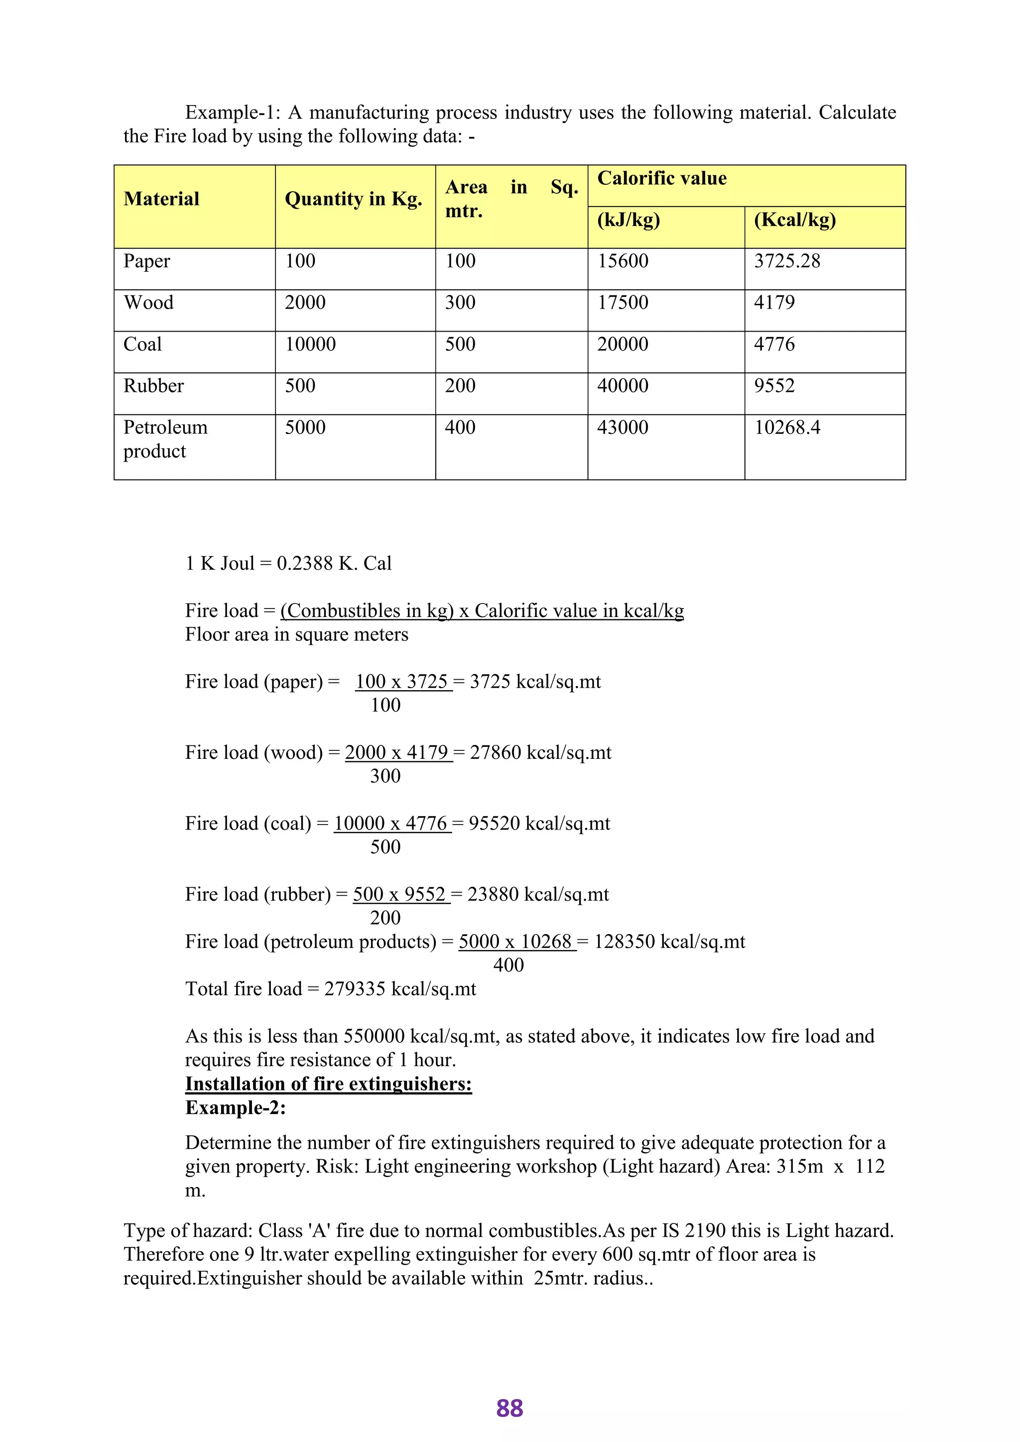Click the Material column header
(x=161, y=199)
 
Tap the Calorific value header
(x=661, y=178)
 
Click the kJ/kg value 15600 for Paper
(x=623, y=261)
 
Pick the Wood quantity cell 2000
(x=305, y=303)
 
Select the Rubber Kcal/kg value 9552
(x=774, y=385)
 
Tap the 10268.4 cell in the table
(x=787, y=428)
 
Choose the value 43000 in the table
(x=623, y=428)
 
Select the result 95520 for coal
(x=494, y=824)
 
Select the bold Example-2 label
(x=236, y=1107)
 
